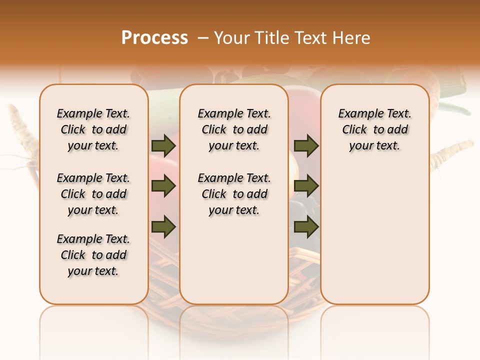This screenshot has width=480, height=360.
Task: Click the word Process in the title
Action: pos(154,38)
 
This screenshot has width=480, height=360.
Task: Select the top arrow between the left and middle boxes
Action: pos(163,146)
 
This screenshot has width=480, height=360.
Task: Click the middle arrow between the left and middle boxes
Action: pos(163,186)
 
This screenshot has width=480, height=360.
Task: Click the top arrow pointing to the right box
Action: pos(306,146)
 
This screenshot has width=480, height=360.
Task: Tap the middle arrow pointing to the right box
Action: pos(306,186)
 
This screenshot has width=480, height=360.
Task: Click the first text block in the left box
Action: pos(93,129)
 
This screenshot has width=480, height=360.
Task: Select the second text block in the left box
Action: pos(93,194)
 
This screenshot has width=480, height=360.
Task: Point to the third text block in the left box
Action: pos(93,255)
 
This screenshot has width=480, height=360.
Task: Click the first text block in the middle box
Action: pos(234,129)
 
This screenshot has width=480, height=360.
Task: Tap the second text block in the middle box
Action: pos(234,194)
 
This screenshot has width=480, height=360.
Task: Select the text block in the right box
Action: pos(374,129)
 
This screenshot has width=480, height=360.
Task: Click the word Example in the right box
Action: pos(358,114)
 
